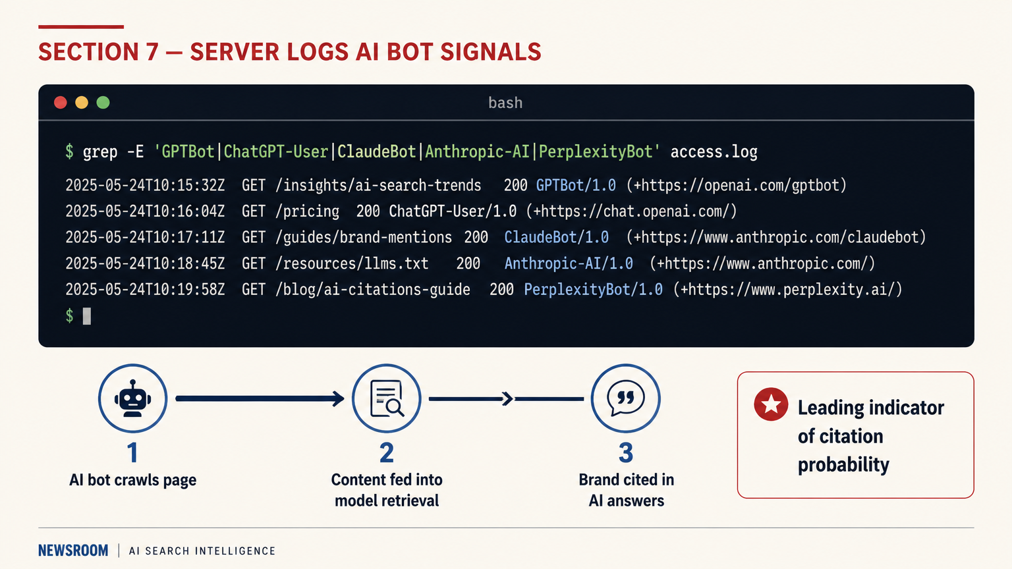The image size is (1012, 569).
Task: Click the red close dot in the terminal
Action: [x=61, y=103]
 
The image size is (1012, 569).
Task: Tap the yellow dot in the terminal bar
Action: [x=82, y=103]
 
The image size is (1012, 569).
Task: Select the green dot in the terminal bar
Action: [x=103, y=103]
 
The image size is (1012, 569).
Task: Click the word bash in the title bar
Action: [x=505, y=103]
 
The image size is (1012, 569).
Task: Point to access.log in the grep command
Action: [x=714, y=152]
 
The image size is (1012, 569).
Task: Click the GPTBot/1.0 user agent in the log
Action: [x=576, y=185]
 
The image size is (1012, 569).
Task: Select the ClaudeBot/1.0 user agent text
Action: [x=556, y=237]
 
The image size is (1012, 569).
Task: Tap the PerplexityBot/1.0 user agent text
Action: [x=593, y=290]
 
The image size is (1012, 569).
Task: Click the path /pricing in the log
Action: [x=308, y=211]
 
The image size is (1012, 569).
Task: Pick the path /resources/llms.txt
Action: [x=352, y=263]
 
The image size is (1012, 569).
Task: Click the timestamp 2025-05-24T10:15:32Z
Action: [x=145, y=185]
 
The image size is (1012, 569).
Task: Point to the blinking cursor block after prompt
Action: [x=86, y=316]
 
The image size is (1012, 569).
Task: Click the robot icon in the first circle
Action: [x=132, y=398]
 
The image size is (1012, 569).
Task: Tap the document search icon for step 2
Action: [x=387, y=398]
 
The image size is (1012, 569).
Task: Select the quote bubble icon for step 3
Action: [x=625, y=398]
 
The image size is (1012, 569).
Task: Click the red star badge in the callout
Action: [x=771, y=404]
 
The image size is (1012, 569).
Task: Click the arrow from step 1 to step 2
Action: [x=260, y=398]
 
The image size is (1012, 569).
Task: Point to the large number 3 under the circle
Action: [x=626, y=453]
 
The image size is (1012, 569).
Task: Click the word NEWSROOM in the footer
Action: [x=73, y=551]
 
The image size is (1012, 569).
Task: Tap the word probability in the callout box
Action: [x=843, y=465]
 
